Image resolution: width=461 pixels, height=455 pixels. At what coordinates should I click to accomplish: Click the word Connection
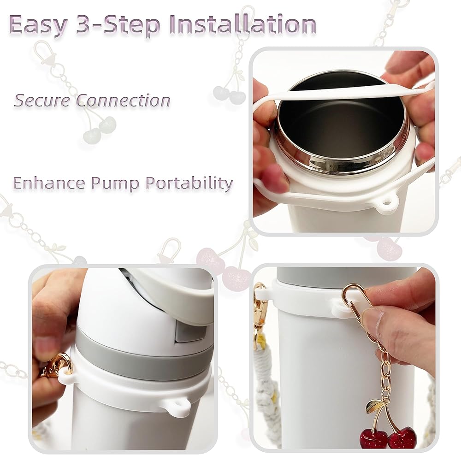click(x=124, y=100)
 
